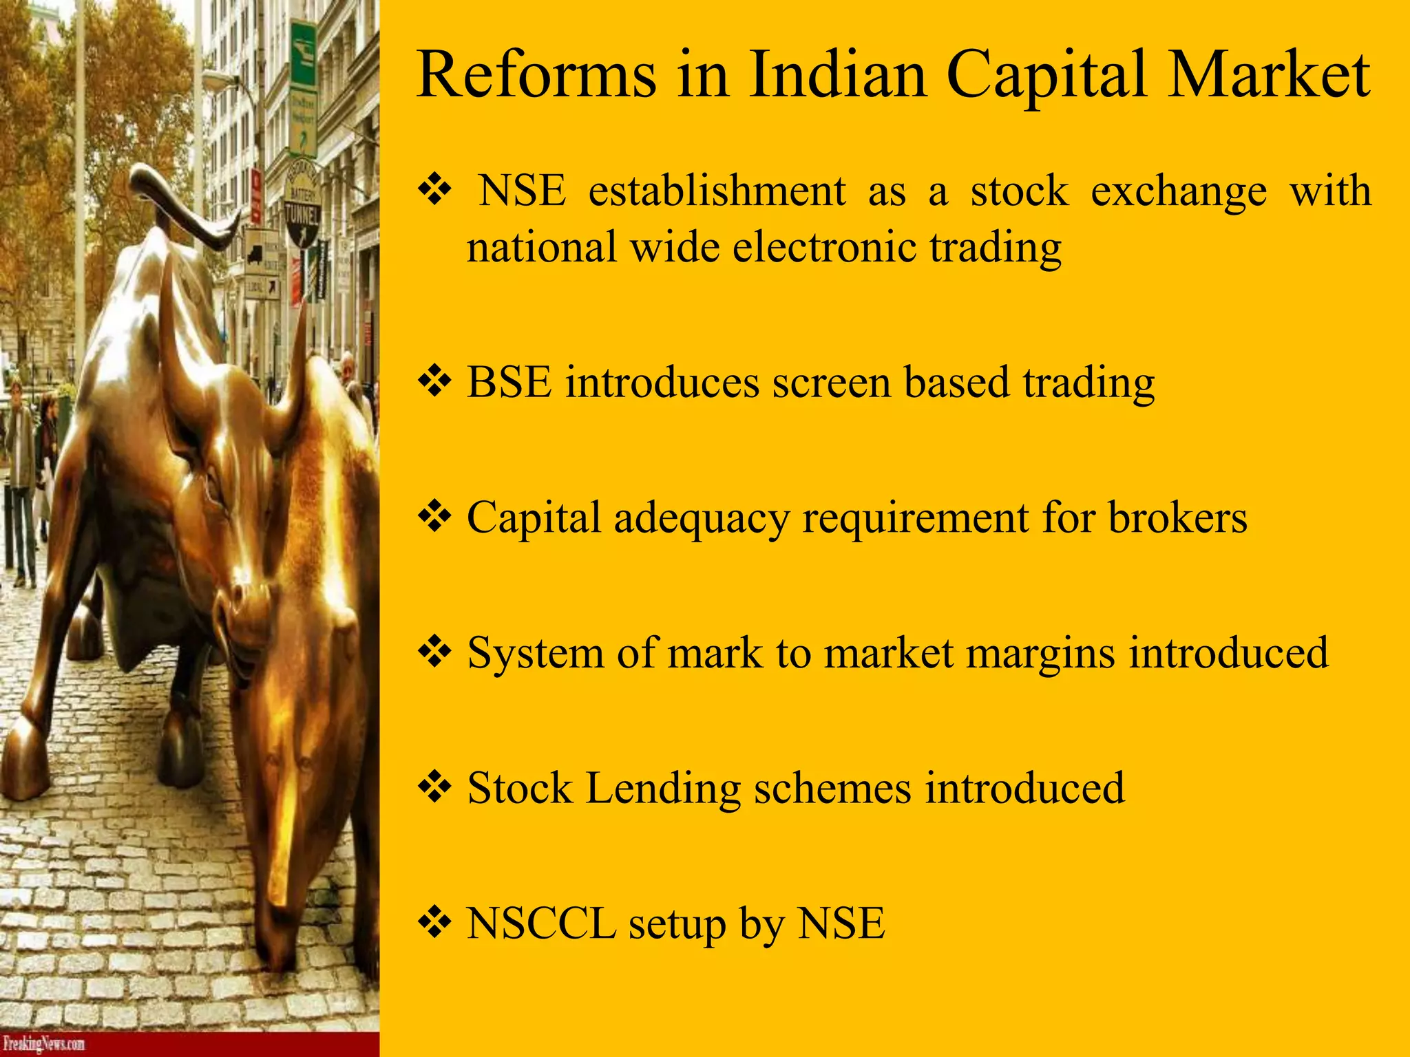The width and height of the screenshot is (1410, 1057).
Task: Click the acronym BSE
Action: click(509, 382)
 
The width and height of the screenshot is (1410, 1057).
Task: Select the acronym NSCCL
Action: click(541, 923)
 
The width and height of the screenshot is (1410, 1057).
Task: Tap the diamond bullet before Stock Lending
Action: click(434, 787)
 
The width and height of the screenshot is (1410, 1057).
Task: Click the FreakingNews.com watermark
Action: click(43, 1044)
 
